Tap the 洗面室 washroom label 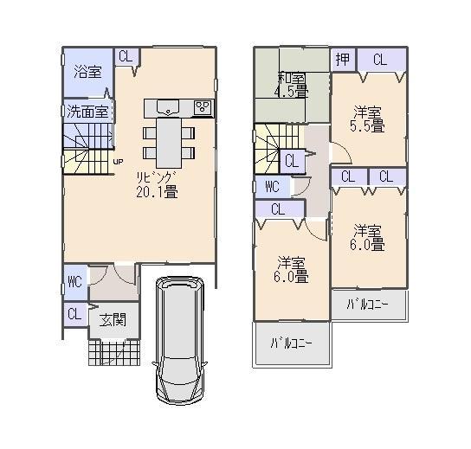coord(87,111)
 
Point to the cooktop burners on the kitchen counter coord(203,107)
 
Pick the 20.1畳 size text coord(157,193)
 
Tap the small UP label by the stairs coord(118,161)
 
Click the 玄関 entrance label coord(112,319)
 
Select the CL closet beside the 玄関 coord(74,314)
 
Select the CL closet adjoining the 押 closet coord(379,59)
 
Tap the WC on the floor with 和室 coord(271,187)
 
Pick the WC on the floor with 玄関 coord(74,282)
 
